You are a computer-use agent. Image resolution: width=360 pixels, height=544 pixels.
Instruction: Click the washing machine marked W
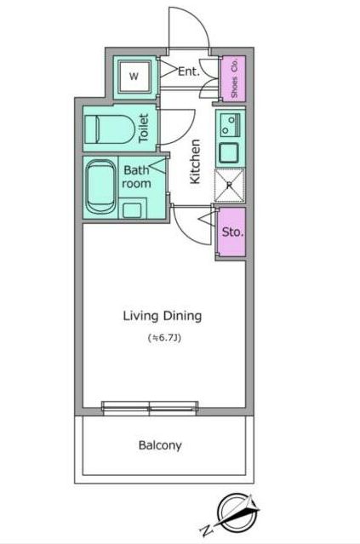134,77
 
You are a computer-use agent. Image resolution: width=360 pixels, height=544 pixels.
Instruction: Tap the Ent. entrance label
189,72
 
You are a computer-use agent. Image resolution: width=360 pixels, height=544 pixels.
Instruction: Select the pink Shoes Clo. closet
233,78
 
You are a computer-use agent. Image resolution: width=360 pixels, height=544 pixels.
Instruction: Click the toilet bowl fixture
110,129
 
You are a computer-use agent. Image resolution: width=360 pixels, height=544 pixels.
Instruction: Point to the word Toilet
144,128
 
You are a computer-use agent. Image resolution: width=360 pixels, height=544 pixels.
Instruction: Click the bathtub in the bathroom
100,187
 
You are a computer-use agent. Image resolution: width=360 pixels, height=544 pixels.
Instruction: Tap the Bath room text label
137,176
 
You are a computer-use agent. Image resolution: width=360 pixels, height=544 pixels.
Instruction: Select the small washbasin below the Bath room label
132,209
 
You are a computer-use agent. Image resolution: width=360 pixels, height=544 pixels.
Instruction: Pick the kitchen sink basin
229,152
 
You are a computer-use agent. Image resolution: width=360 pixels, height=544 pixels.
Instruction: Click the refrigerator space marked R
229,186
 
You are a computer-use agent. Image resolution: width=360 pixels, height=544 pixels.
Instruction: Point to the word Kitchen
195,161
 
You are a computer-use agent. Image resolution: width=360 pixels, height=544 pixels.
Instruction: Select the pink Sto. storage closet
231,232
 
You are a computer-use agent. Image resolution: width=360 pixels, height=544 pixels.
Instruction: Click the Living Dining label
163,316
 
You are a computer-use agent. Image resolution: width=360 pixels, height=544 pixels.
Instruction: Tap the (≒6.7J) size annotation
164,338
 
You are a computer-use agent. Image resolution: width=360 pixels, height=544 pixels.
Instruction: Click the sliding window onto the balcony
150,408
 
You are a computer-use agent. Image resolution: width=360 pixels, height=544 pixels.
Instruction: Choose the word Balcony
160,445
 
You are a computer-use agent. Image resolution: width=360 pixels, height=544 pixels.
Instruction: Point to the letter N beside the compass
207,530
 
